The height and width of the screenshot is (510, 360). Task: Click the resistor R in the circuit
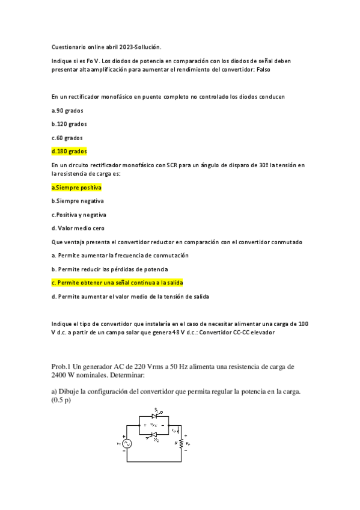[180, 444]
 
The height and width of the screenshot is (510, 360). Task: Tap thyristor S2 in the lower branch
[154, 434]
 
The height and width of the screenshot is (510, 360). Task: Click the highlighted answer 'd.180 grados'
[69, 151]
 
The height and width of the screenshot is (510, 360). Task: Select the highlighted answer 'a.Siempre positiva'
[76, 188]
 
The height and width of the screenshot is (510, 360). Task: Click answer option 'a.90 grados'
[67, 110]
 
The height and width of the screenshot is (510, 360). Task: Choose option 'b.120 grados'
[69, 124]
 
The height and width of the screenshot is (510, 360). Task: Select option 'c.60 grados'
[67, 138]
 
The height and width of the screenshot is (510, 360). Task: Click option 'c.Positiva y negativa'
[79, 215]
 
